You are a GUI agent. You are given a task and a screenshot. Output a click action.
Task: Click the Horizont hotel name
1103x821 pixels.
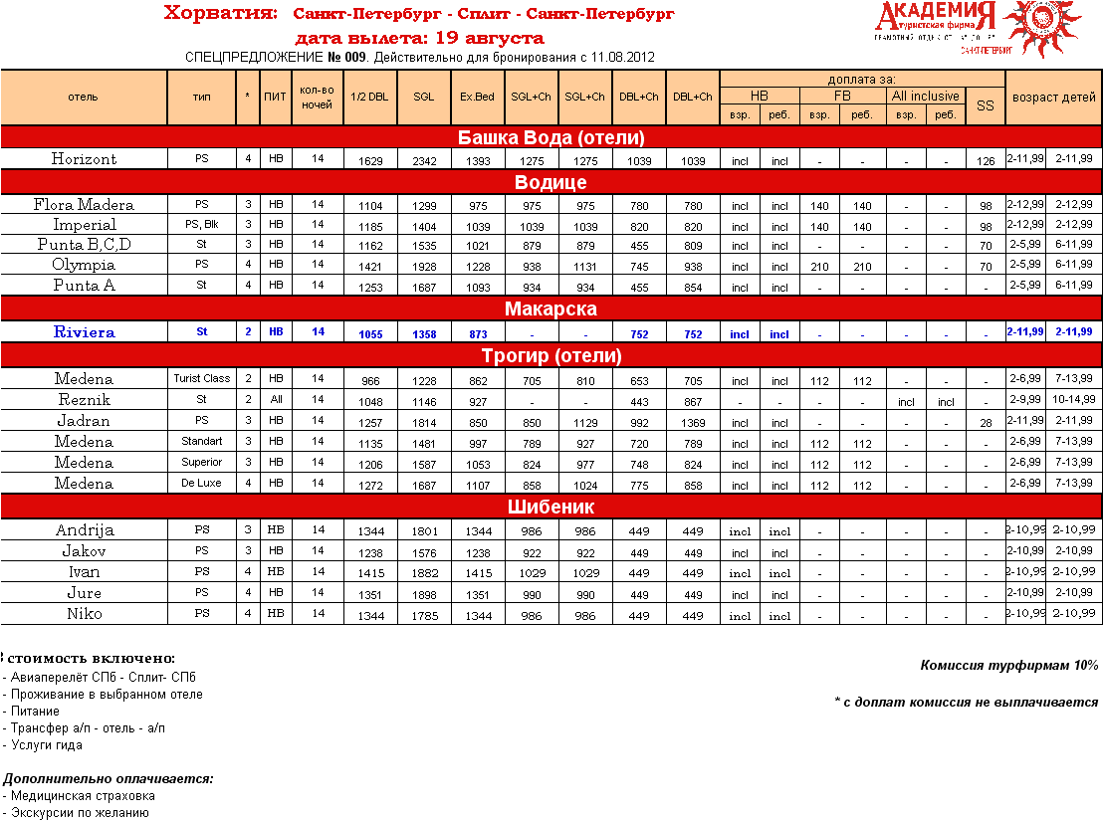(84, 159)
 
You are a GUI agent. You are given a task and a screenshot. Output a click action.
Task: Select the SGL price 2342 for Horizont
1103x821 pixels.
(424, 161)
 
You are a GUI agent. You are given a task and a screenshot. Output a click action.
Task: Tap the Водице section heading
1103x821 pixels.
(551, 182)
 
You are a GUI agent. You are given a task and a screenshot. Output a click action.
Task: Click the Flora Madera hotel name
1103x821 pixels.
(84, 205)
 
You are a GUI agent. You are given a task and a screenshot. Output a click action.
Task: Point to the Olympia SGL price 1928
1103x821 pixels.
(424, 267)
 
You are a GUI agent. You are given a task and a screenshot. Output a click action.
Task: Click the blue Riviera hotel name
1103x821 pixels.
(84, 332)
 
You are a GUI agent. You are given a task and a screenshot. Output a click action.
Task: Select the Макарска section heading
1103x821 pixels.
(551, 309)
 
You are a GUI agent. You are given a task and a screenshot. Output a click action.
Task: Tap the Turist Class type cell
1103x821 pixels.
(201, 378)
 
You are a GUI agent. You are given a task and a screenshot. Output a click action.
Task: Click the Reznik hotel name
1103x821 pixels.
(84, 400)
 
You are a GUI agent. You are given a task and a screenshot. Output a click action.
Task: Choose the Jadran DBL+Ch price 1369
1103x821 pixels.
(693, 423)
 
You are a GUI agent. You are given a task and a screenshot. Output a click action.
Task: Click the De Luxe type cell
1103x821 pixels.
(201, 483)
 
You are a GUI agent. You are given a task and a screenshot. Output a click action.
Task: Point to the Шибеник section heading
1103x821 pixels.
(551, 507)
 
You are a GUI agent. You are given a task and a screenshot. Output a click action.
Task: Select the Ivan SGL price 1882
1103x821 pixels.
(424, 574)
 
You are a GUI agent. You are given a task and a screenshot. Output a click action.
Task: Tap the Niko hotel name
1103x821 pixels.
(84, 614)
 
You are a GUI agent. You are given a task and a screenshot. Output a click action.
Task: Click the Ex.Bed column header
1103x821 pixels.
(477, 97)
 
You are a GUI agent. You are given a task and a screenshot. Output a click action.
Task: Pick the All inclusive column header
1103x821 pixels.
(926, 97)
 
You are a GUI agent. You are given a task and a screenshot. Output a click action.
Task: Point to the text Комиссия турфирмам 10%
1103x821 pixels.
(1009, 666)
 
